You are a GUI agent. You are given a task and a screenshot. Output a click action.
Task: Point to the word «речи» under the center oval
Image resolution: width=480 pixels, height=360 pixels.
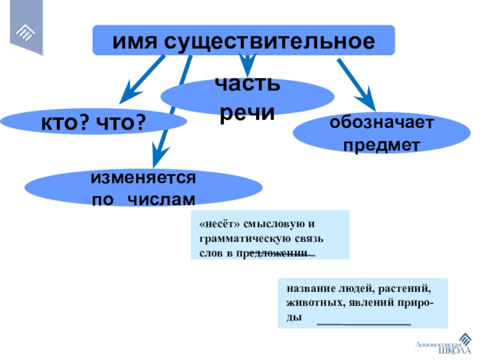(248, 112)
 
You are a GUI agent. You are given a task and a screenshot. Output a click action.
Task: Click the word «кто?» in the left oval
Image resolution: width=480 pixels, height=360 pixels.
(65, 124)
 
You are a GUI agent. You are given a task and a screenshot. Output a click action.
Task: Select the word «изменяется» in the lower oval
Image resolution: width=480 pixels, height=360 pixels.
(144, 178)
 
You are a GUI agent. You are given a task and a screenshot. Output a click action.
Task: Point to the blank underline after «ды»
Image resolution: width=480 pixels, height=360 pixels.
(364, 323)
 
